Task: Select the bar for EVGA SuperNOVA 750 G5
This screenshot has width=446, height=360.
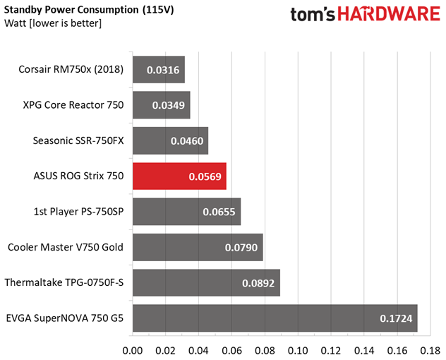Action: tap(275, 318)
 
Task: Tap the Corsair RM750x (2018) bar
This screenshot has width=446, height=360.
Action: tap(158, 70)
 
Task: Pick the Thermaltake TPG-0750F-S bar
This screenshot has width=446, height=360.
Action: tap(206, 283)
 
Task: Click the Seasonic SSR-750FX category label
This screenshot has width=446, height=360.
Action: tap(78, 140)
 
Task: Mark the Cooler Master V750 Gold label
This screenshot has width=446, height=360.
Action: tap(66, 247)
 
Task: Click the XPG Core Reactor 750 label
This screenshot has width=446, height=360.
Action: tap(73, 105)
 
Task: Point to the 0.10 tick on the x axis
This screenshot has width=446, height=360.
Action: tap(298, 349)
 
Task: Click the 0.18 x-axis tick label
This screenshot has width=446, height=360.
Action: tap(430, 349)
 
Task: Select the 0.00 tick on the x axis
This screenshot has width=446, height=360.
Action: tap(133, 349)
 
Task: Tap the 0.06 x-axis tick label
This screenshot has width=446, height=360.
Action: tap(231, 349)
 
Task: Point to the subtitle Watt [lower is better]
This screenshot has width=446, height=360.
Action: tap(53, 24)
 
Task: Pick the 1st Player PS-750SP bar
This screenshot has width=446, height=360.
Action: tap(186, 212)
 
